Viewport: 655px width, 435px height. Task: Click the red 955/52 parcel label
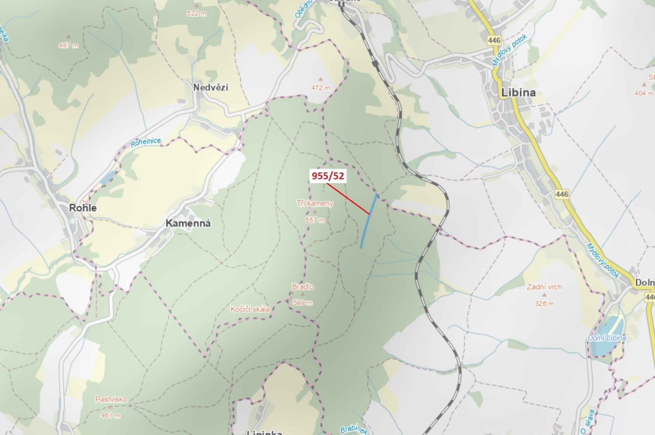[328, 176]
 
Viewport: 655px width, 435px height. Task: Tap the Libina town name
[518, 93]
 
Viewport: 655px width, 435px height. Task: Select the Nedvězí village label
[211, 88]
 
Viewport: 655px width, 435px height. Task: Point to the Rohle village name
[83, 208]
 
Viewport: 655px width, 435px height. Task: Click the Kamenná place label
[188, 223]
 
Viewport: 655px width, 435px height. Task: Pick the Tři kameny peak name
[315, 203]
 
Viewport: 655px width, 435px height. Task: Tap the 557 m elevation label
[315, 220]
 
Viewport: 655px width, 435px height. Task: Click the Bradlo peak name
[302, 287]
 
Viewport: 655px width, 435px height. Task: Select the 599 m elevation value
[302, 303]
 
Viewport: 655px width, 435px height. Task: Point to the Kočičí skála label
[250, 309]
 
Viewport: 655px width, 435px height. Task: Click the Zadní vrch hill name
[544, 287]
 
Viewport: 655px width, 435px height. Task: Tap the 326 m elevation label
[544, 303]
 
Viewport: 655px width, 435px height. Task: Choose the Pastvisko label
[111, 399]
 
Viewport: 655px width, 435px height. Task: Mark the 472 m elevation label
[320, 88]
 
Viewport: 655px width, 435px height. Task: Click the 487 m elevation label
[68, 45]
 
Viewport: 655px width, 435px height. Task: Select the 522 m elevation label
[197, 13]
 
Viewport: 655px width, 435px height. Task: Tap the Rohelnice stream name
[146, 143]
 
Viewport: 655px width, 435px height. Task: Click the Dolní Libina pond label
[607, 338]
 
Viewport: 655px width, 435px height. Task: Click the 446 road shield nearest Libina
[494, 41]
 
